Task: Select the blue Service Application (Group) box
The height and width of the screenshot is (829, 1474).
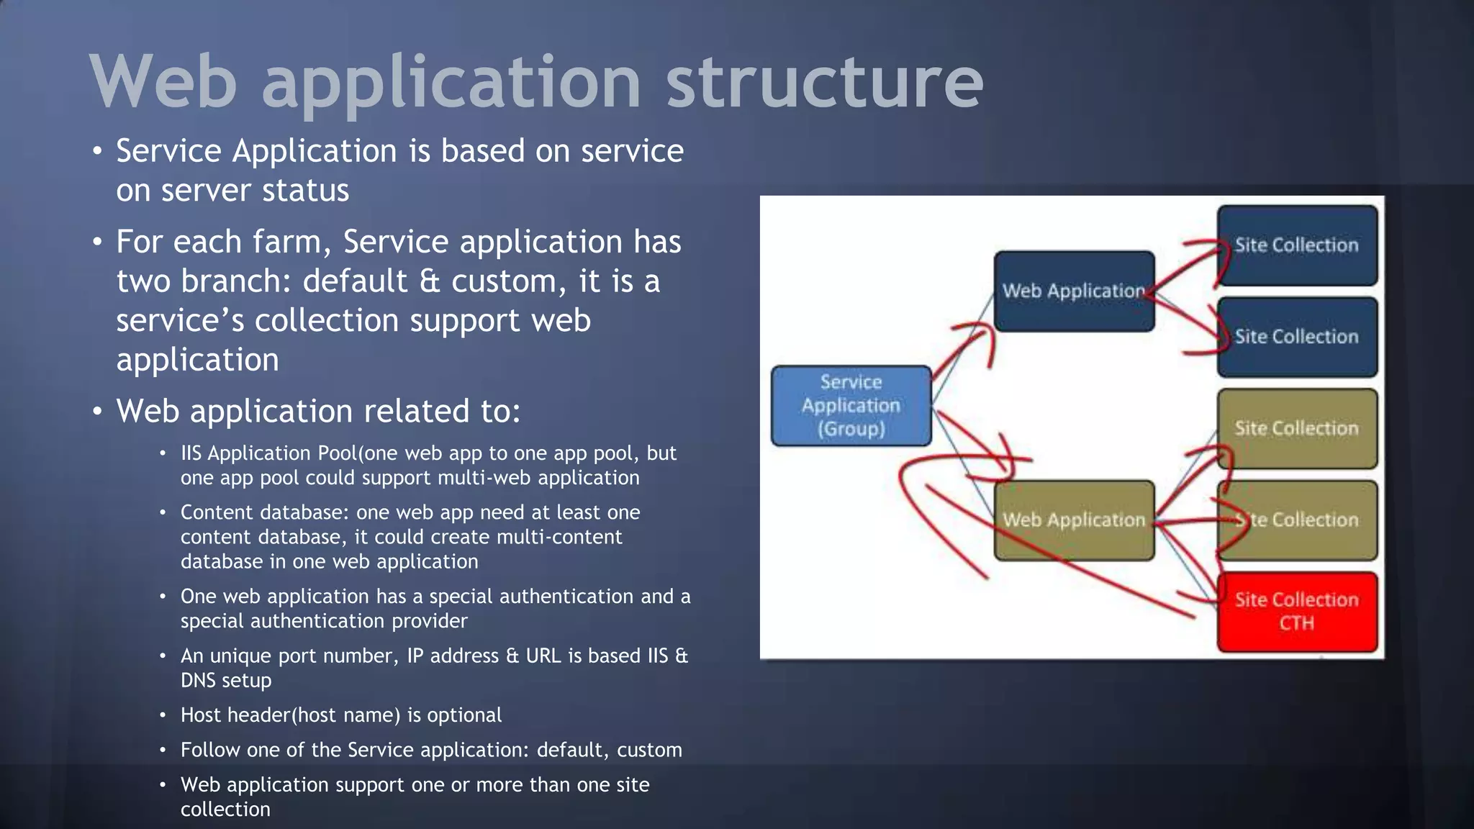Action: point(851,405)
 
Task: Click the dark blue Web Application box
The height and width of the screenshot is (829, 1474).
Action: point(1073,291)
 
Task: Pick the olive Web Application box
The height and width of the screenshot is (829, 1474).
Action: point(1073,520)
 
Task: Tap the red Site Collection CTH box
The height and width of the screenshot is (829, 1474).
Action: point(1296,611)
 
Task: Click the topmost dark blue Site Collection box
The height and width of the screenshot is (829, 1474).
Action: point(1296,245)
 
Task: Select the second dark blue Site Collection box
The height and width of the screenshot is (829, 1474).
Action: point(1296,336)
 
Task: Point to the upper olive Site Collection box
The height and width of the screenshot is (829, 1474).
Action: point(1296,428)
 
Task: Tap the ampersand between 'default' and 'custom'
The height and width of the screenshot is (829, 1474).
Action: point(429,281)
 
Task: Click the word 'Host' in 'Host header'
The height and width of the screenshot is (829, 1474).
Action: point(199,715)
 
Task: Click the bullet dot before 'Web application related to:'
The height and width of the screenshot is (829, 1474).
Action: point(97,412)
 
